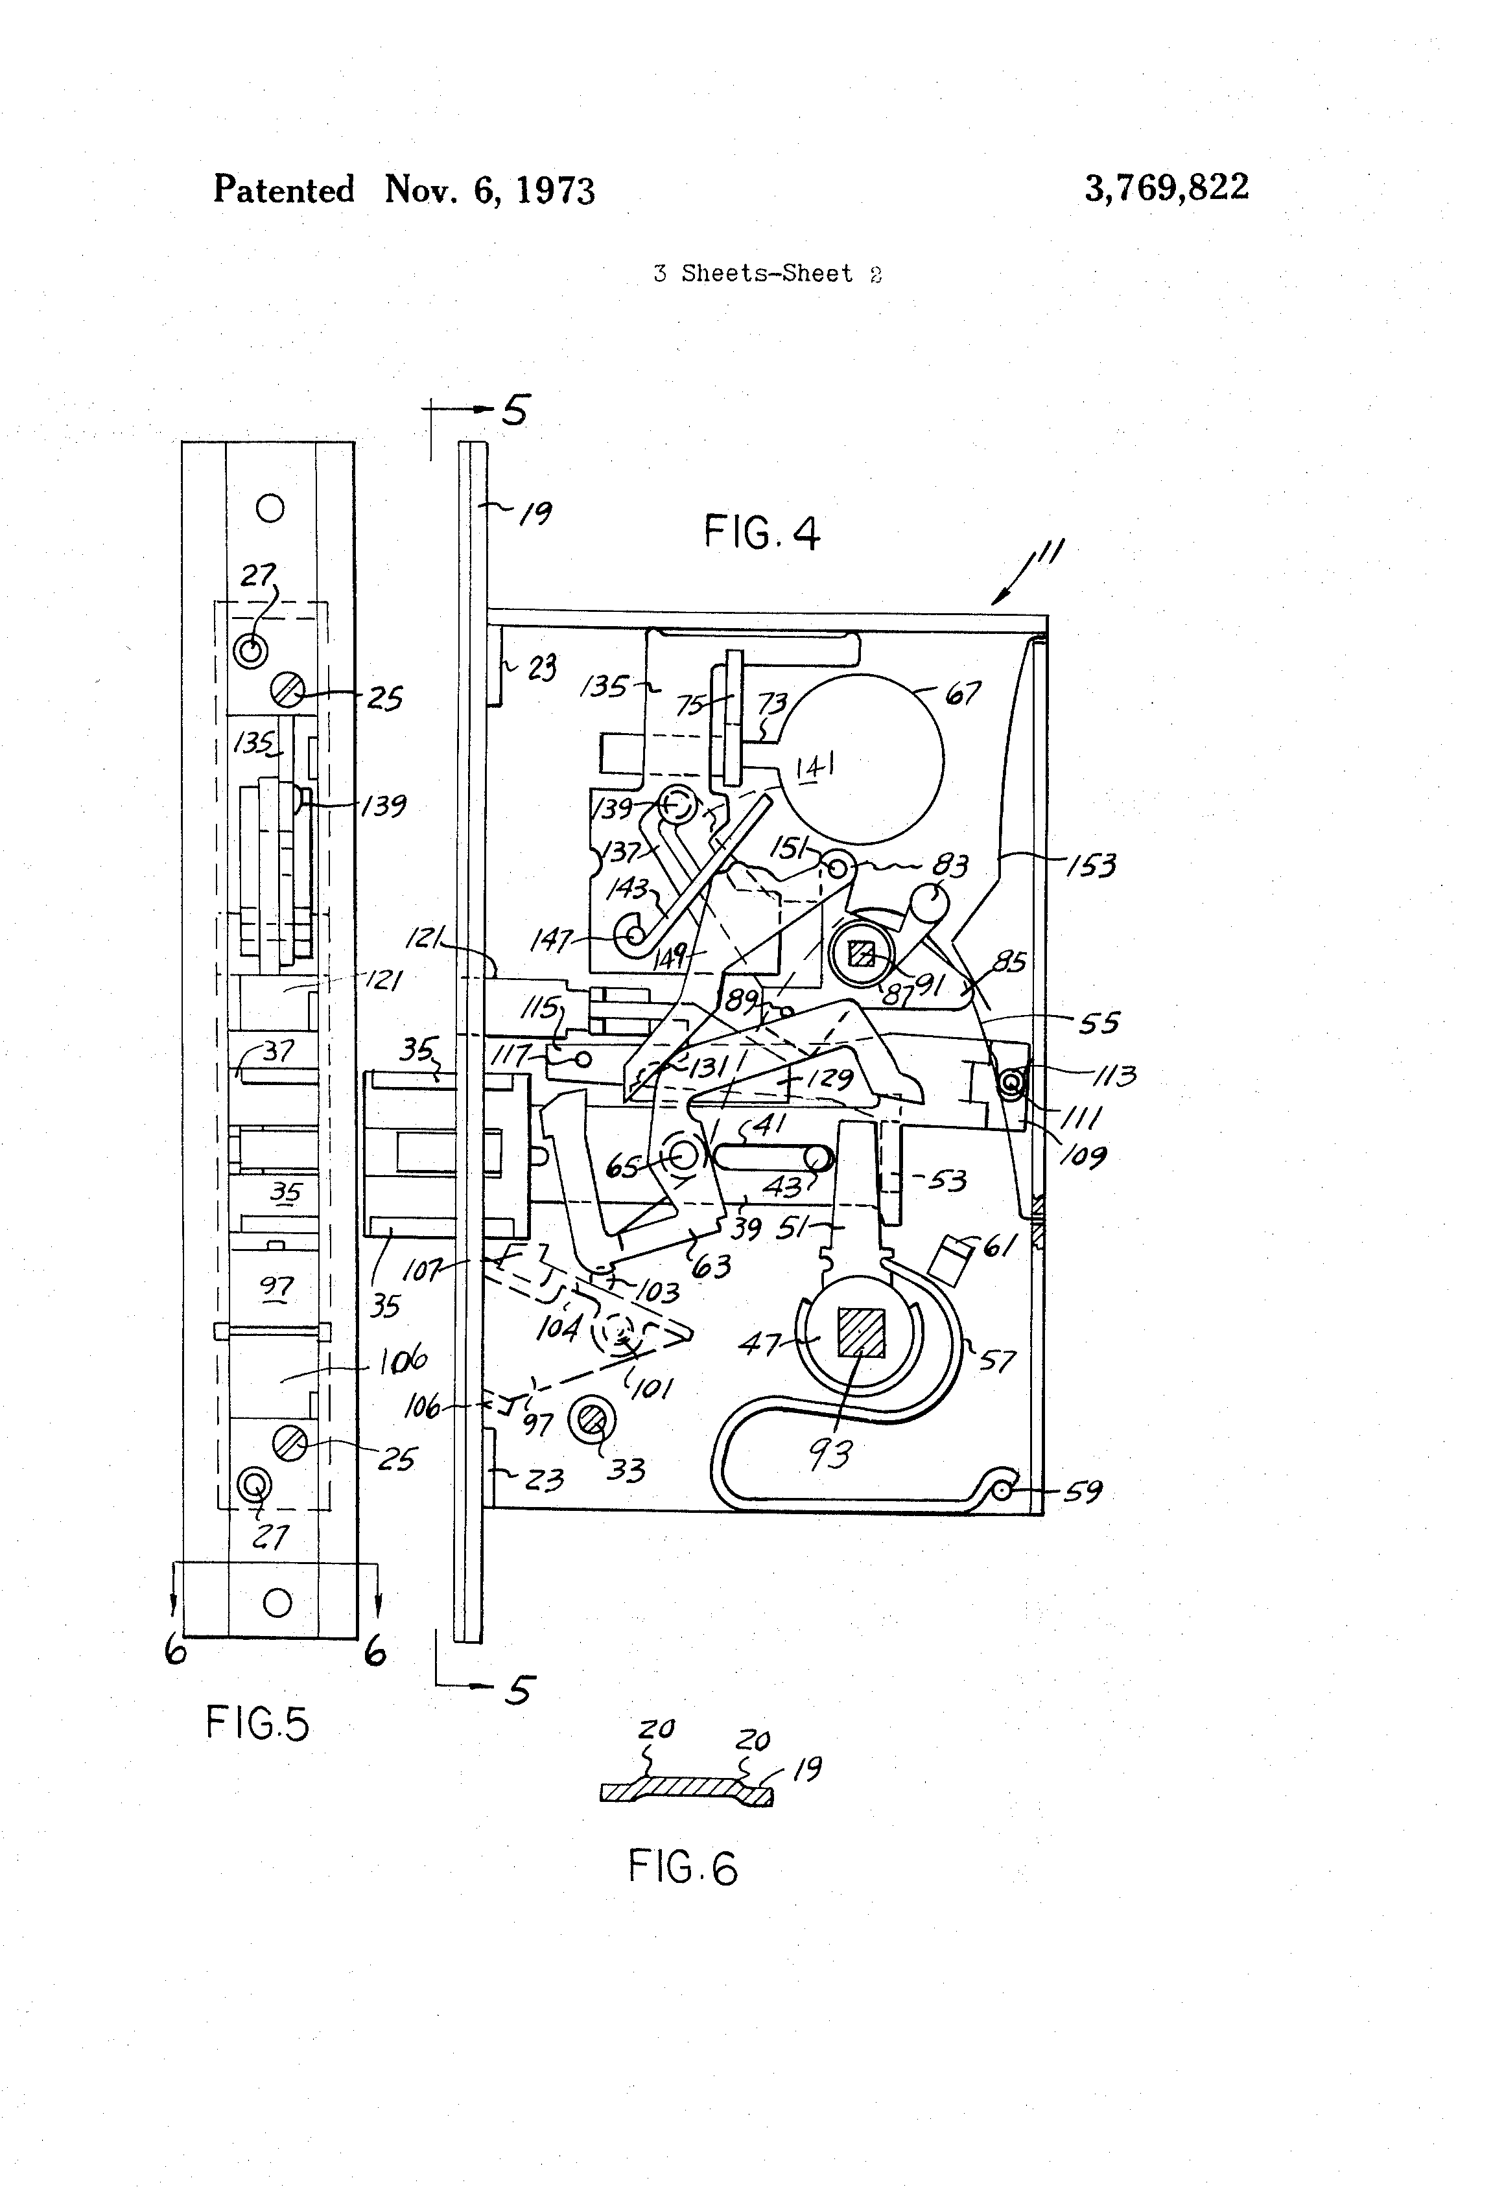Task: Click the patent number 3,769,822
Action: point(1166,187)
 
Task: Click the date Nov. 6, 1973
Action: point(489,190)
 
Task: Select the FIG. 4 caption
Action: point(760,532)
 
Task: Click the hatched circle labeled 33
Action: point(591,1421)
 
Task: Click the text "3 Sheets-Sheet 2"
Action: point(767,274)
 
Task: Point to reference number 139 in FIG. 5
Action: point(383,806)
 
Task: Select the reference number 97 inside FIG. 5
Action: point(277,1289)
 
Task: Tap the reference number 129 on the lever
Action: point(829,1078)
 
